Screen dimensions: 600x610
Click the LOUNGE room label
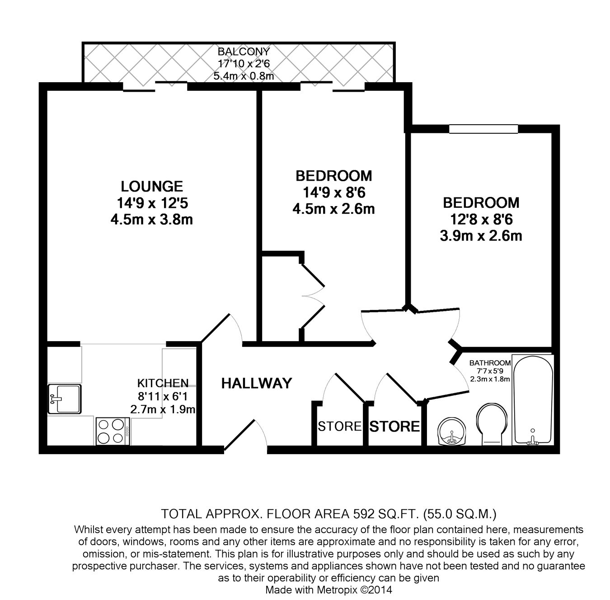click(x=151, y=186)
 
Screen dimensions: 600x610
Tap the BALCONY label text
click(x=244, y=52)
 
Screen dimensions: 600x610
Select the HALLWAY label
click(x=256, y=384)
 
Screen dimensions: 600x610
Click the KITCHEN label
click(x=163, y=383)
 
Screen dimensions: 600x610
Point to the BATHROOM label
click(x=490, y=363)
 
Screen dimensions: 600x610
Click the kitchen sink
click(x=65, y=399)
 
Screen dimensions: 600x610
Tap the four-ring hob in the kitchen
click(x=112, y=431)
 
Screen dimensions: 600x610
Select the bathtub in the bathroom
click(x=533, y=400)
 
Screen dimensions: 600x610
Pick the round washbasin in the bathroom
click(x=451, y=431)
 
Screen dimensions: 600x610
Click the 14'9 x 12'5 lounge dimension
click(x=151, y=203)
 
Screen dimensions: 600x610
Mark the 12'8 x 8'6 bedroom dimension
click(x=481, y=219)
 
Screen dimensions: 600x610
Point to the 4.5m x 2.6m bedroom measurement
click(x=333, y=209)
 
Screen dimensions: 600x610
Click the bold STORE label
click(x=394, y=427)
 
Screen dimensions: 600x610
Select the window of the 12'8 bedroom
click(x=483, y=129)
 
